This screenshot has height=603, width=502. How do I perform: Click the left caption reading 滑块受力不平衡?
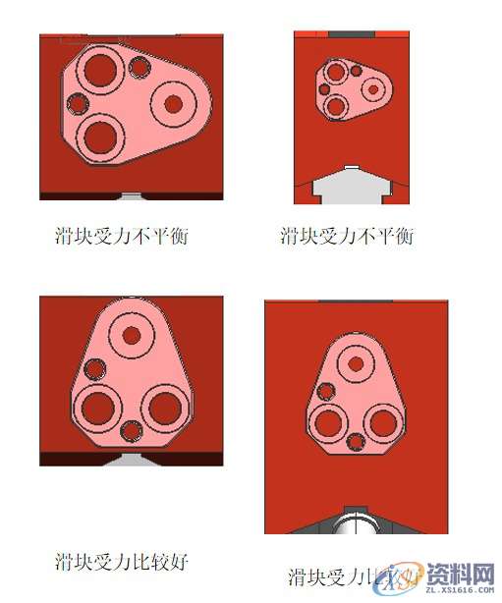pos(121,236)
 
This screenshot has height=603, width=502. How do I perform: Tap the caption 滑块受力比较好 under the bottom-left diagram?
pos(121,562)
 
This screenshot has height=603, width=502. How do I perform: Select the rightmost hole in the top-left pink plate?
pos(174,101)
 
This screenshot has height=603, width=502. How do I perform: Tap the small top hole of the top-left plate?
pos(139,68)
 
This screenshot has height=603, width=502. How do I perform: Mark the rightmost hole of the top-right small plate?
pos(373,89)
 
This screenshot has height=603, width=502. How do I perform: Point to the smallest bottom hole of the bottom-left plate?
pos(131,430)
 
